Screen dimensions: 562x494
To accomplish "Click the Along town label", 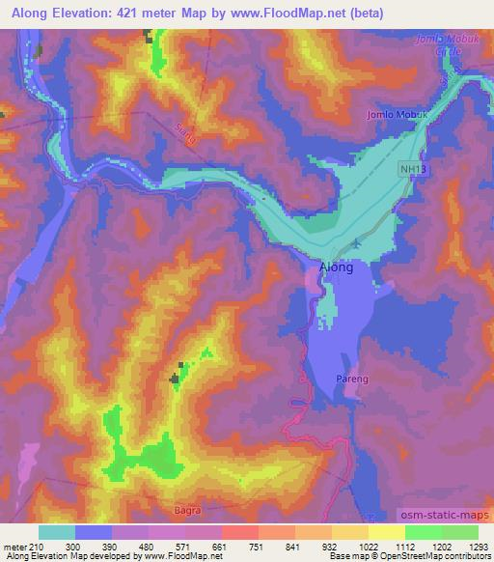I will pos(336,269).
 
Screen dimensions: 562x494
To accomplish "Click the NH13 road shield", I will pos(413,169).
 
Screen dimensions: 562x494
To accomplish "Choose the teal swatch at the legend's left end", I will pos(57,532).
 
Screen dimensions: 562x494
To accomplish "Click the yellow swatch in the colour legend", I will pos(386,532).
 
